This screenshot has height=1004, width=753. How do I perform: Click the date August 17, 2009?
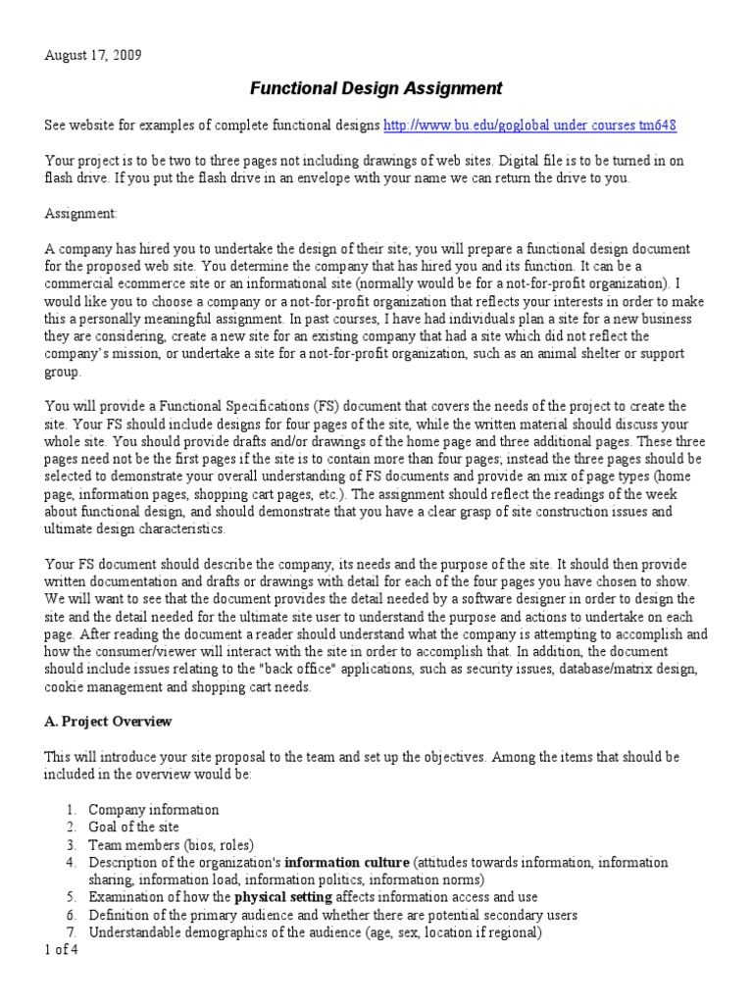93,55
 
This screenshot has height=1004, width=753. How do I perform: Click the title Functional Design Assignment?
376,89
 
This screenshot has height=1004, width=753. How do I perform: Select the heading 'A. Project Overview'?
108,721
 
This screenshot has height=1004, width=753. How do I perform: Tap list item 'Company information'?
153,809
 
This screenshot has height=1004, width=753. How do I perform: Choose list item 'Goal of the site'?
136,827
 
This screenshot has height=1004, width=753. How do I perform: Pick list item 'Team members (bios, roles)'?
171,844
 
